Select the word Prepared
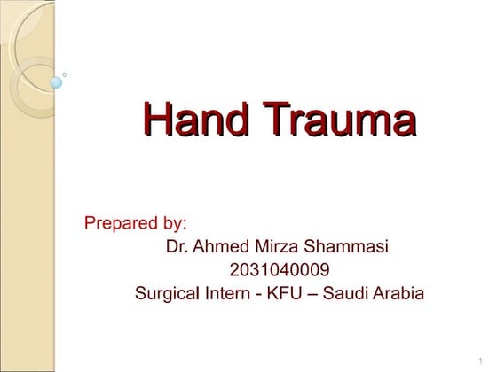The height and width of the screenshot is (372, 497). pyautogui.click(x=120, y=222)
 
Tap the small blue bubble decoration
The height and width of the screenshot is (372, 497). pyautogui.click(x=57, y=83)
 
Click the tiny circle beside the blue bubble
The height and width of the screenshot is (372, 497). pyautogui.click(x=64, y=74)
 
